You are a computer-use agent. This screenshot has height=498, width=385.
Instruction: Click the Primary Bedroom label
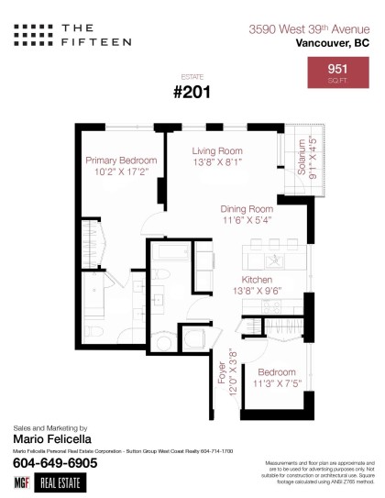[121, 160]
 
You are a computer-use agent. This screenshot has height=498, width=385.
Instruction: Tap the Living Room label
[216, 150]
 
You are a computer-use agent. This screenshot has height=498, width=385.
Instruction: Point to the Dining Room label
[247, 208]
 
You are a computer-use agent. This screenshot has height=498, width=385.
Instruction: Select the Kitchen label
[256, 279]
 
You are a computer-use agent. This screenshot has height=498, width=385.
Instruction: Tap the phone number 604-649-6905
[55, 463]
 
